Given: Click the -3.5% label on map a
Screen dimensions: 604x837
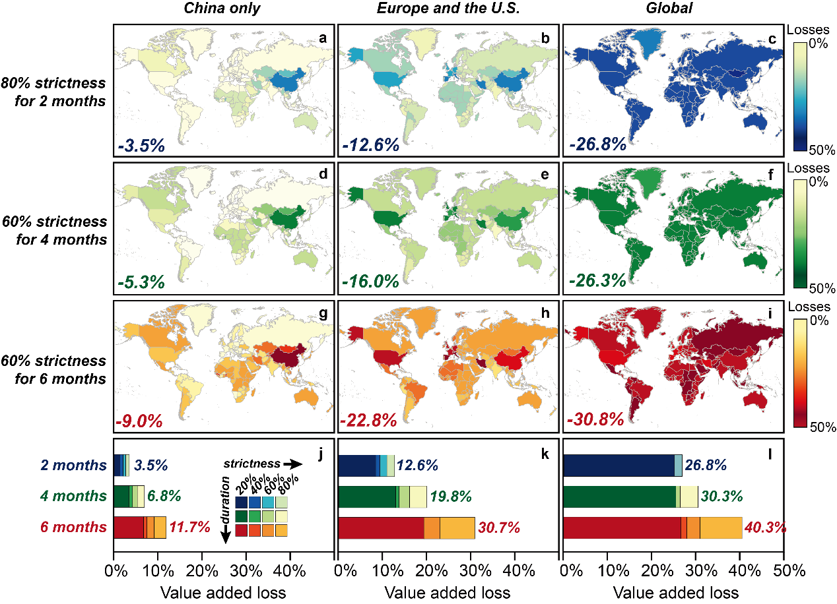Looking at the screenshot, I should [142, 145].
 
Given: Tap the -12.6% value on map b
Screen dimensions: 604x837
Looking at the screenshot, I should [371, 145].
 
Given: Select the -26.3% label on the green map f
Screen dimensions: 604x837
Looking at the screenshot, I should [597, 281].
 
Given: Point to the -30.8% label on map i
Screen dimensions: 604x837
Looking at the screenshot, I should [595, 419].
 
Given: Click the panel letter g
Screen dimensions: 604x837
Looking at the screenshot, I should [323, 314].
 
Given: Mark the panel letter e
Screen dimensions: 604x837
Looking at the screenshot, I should [545, 175].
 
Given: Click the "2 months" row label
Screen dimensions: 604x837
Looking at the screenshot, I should [73, 466].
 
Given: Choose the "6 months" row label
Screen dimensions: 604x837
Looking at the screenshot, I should [73, 528].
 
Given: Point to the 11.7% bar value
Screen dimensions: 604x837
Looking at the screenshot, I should [190, 528].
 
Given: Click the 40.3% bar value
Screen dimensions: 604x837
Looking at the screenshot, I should [766, 528].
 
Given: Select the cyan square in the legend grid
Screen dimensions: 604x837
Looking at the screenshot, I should [268, 502].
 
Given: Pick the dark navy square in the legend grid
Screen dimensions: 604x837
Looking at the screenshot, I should [242, 502].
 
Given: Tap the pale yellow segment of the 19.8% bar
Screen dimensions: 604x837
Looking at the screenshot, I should [418, 497].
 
